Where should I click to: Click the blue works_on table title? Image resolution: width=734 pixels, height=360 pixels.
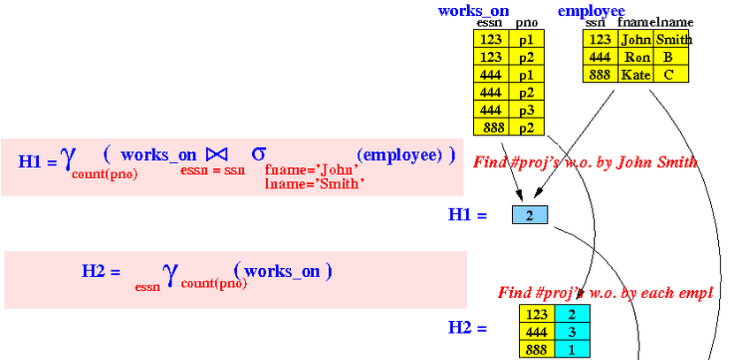pos(473,11)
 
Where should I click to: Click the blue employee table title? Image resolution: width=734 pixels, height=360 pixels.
pos(592,11)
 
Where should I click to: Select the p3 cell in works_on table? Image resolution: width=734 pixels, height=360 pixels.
pos(527,110)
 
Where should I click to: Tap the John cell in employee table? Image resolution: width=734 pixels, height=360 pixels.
pos(636,39)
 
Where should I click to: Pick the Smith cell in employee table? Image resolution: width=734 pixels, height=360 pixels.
pos(671,39)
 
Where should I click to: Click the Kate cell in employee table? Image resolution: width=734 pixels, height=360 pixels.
pos(636,74)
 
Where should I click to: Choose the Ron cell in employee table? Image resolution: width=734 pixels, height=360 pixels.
pos(636,57)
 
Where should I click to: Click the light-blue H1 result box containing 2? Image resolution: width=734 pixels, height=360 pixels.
pos(530,215)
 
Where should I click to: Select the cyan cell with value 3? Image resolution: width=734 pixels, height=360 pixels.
pos(572,332)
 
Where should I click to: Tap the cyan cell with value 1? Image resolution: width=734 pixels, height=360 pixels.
pos(572,349)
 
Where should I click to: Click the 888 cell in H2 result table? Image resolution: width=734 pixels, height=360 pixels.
pos(537,349)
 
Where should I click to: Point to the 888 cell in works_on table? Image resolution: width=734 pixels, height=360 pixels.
pos(492,126)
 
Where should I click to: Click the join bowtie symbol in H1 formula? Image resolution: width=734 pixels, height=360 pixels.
pos(217,154)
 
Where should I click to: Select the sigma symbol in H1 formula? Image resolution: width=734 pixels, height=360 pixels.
pos(258,153)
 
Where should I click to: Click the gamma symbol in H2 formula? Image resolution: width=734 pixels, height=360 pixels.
pos(171,274)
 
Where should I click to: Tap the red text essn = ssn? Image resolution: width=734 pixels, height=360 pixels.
pos(212,170)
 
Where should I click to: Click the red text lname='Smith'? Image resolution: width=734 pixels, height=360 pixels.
pos(315,184)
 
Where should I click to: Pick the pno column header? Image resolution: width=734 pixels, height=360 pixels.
pos(527,23)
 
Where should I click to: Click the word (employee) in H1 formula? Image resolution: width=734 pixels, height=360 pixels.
pos(400,155)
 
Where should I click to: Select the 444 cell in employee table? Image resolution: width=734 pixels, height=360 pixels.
pos(600,57)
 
